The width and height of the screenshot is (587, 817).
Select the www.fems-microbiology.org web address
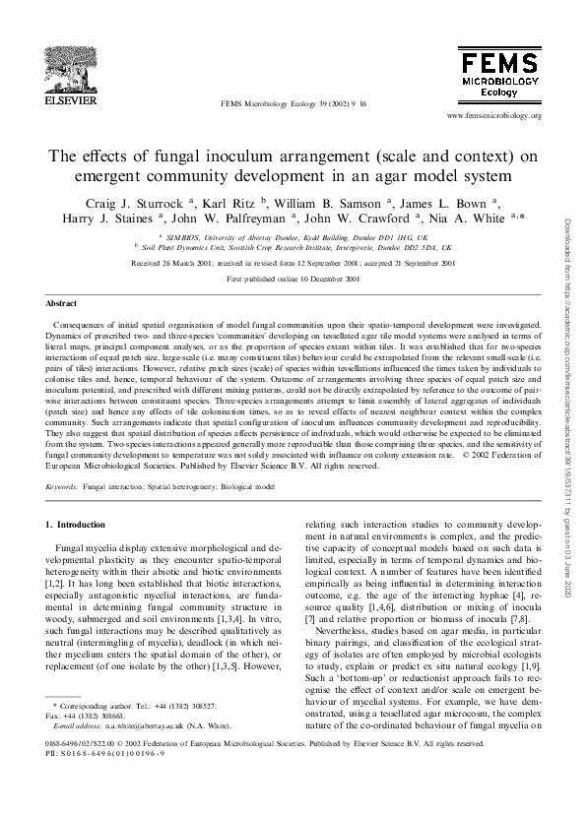click(x=493, y=115)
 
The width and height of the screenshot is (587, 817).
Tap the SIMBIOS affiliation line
click(x=294, y=238)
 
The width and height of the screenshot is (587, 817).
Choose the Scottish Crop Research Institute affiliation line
click(x=294, y=250)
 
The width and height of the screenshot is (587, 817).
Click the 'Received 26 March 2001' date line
click(x=293, y=264)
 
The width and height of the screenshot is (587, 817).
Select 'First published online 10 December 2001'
click(x=293, y=280)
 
